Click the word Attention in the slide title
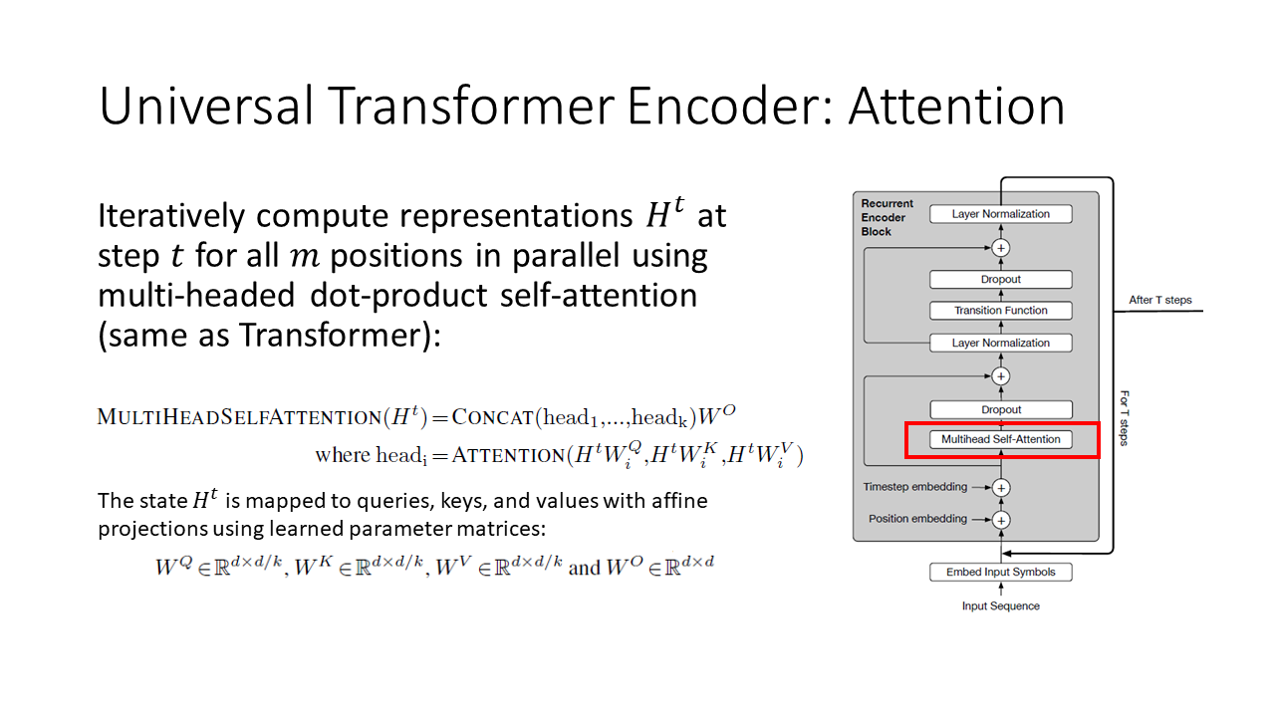[956, 107]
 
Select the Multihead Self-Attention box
[1001, 439]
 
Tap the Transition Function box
[1001, 311]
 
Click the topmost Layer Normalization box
[1001, 214]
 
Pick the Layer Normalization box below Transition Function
[1001, 343]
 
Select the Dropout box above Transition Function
[1001, 280]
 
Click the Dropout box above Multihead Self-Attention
[1001, 409]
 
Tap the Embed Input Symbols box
[1001, 572]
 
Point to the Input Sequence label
[1001, 605]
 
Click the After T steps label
[1160, 300]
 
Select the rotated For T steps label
[1124, 417]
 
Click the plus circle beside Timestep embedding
[1002, 488]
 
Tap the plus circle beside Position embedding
[1002, 520]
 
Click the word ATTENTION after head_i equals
[507, 455]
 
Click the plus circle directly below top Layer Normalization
[1002, 247]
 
